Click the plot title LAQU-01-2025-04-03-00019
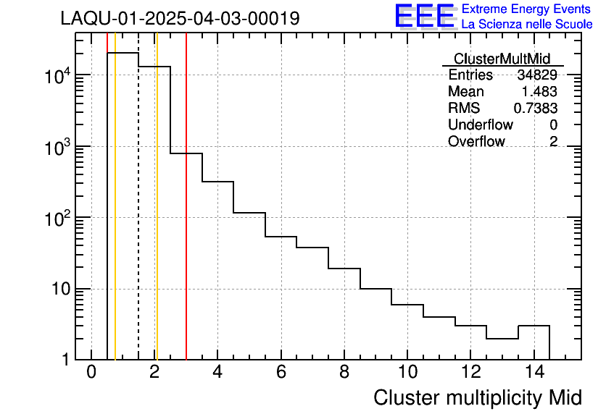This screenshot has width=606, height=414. click(180, 19)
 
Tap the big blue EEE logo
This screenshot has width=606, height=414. click(425, 16)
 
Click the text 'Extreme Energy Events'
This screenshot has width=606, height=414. click(527, 9)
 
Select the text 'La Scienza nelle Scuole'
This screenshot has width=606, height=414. click(527, 25)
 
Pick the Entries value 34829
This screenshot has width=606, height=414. click(537, 75)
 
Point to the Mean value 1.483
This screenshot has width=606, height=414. click(539, 92)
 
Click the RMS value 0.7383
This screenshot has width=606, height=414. click(536, 109)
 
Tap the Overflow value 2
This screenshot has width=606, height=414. click(553, 142)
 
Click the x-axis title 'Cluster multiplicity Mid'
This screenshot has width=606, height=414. click(477, 397)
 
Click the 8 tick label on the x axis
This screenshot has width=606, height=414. click(344, 373)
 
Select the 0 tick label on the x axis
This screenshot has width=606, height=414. click(91, 373)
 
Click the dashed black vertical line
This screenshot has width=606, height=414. click(138, 217)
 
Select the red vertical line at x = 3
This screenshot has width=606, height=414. click(186, 217)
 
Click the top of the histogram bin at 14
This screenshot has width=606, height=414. click(534, 326)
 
